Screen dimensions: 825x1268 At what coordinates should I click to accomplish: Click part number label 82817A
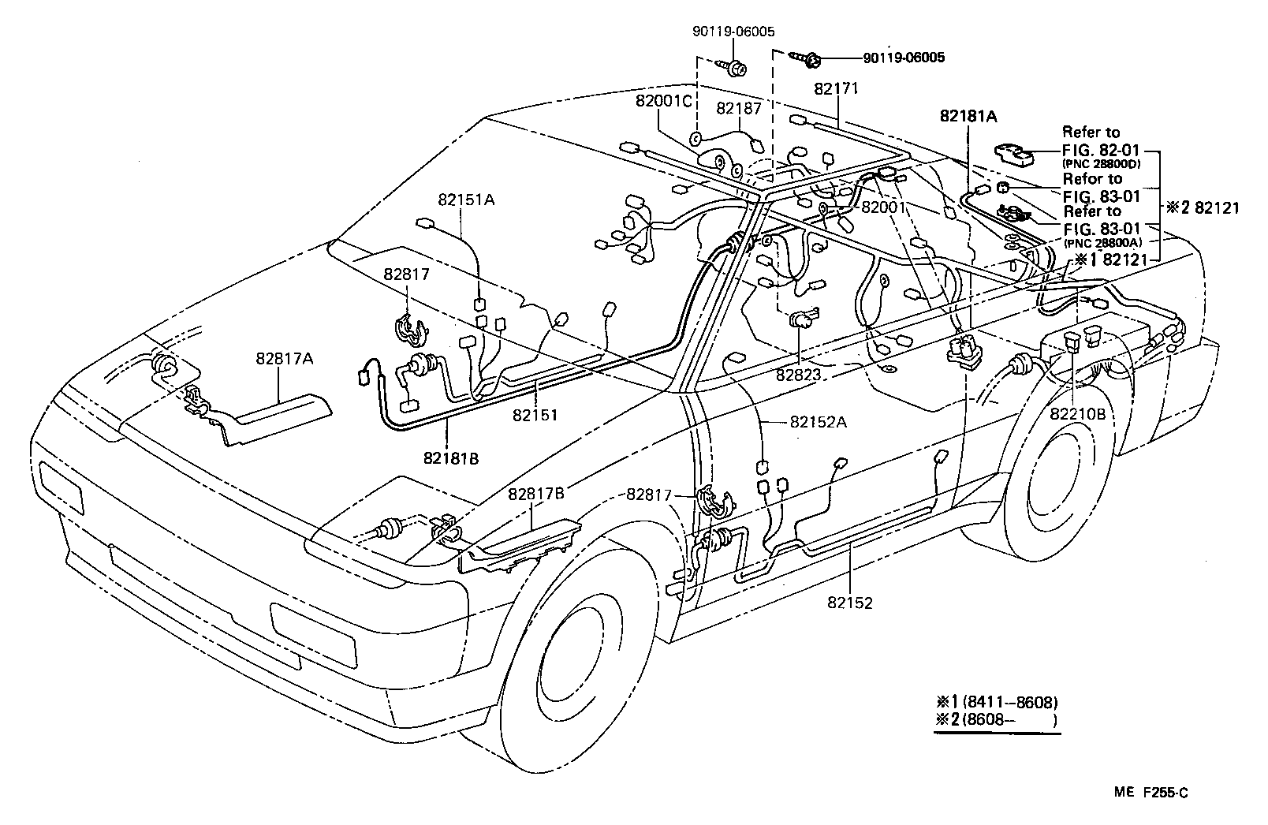click(284, 358)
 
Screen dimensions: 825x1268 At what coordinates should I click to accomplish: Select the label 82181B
click(451, 457)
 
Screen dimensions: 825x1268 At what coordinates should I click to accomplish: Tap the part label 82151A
click(467, 200)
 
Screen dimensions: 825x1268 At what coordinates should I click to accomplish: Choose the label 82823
click(800, 375)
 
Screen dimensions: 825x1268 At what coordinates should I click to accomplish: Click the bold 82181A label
click(968, 116)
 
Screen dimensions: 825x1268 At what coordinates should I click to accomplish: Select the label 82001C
click(664, 102)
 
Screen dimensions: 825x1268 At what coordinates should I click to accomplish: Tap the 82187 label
click(739, 106)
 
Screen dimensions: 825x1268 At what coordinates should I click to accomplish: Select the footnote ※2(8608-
click(995, 719)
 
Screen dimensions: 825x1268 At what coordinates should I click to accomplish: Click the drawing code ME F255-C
click(1152, 793)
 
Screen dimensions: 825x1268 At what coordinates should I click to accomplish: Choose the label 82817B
click(535, 495)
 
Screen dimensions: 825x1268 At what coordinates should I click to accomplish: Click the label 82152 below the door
click(850, 603)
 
